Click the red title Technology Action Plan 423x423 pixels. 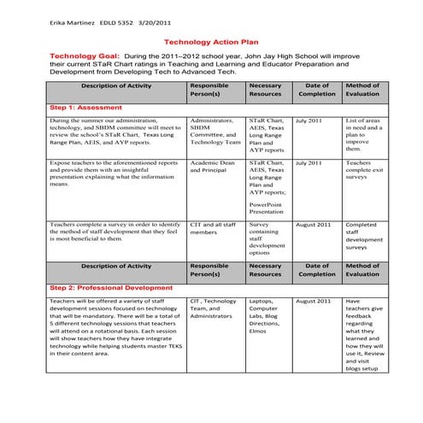210,40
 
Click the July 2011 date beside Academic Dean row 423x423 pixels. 308,162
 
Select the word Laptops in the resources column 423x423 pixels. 261,302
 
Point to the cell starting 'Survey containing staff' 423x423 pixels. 267,238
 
